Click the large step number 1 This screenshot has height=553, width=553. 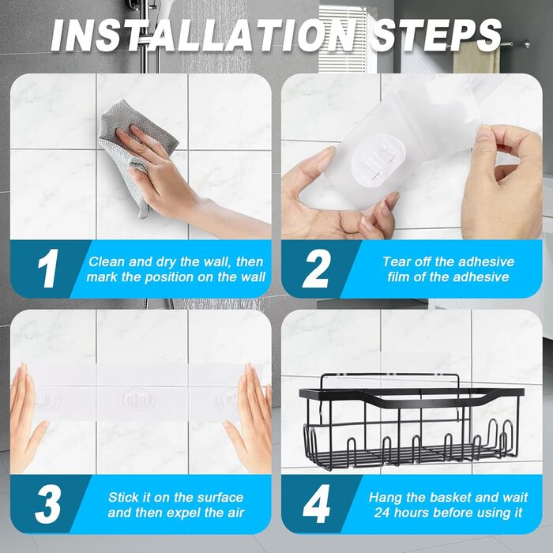point(48,268)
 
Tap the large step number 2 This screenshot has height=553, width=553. point(317,268)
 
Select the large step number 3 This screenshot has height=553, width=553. point(47,504)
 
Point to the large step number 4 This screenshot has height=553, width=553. point(316,504)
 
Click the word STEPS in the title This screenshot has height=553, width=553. point(437,36)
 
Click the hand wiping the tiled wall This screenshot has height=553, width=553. point(183,183)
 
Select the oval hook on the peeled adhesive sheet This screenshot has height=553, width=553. point(378,164)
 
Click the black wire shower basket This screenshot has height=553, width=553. point(412,421)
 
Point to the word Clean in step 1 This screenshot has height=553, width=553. point(107,261)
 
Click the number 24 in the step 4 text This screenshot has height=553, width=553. point(382,513)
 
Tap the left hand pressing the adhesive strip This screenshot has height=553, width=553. point(24,416)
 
